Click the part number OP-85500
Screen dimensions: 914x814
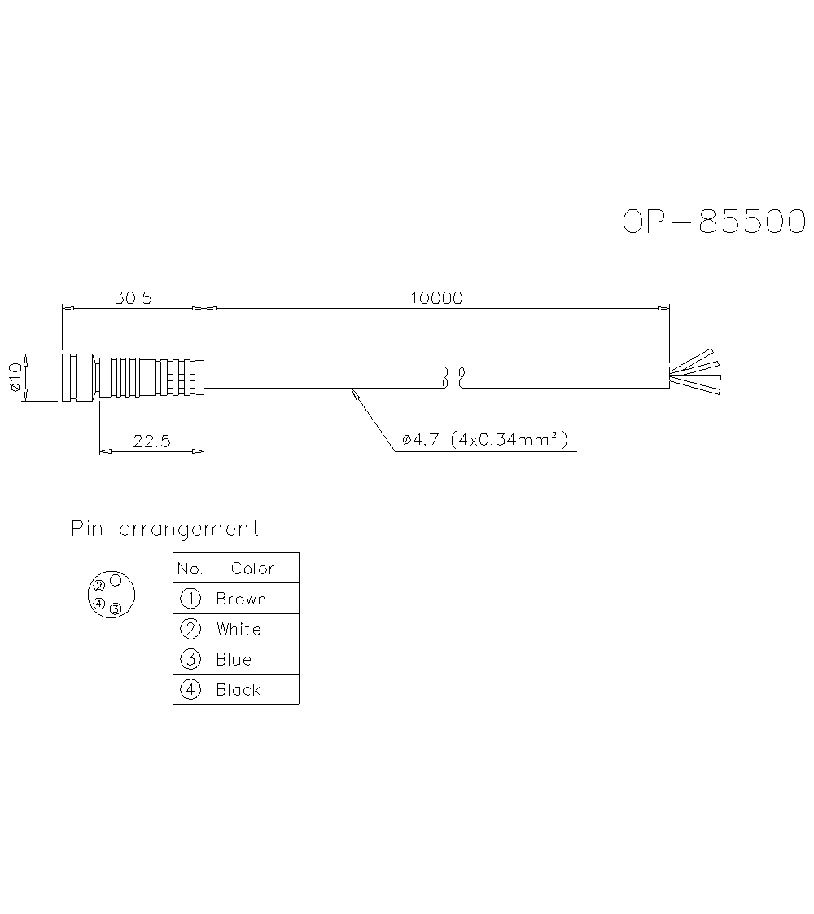pos(714,222)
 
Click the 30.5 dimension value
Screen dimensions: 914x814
pos(133,298)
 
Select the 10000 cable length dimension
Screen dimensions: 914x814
pos(436,298)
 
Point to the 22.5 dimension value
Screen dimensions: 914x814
pos(151,442)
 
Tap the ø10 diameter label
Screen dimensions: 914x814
pos(15,376)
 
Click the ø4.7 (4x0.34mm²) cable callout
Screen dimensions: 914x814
pos(484,441)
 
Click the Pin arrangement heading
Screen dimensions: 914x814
pos(164,529)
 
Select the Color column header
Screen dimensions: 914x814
pos(252,569)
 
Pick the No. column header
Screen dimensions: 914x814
pos(190,569)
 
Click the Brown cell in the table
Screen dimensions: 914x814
pos(241,600)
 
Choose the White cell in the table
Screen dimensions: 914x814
pos(239,630)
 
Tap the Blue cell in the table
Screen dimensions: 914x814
pos(234,660)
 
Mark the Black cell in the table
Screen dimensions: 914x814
pos(238,690)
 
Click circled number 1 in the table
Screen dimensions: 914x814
pos(190,599)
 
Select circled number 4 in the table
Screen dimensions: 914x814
pos(190,690)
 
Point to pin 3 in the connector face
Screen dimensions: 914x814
pos(116,609)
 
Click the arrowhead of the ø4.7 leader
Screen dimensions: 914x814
pos(352,392)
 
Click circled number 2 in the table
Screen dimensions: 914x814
pos(190,629)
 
